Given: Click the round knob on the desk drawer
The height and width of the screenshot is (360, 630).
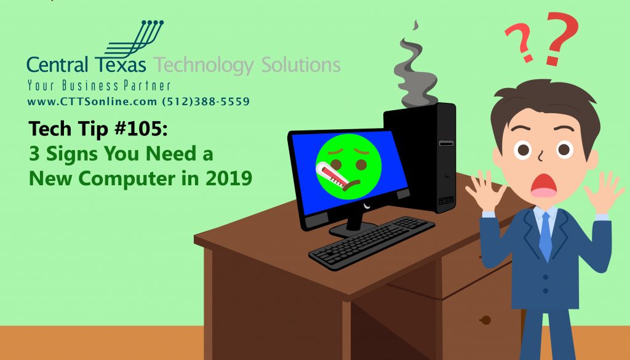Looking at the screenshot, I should (485, 320).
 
